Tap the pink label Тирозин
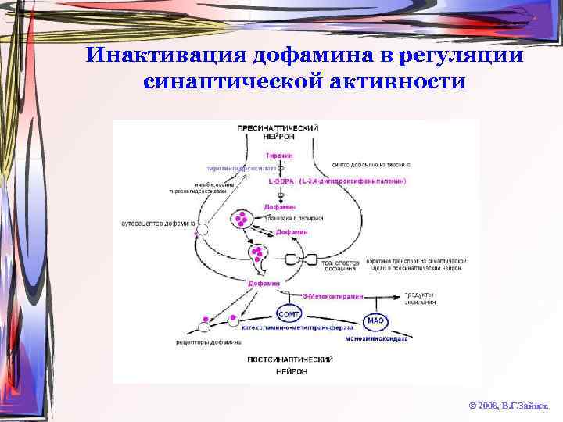279,156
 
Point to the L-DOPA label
280,181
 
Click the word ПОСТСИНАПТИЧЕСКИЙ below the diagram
290,359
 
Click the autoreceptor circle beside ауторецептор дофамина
203,230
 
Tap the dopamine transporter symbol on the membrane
300,259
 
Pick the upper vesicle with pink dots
243,219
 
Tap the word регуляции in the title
461,56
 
